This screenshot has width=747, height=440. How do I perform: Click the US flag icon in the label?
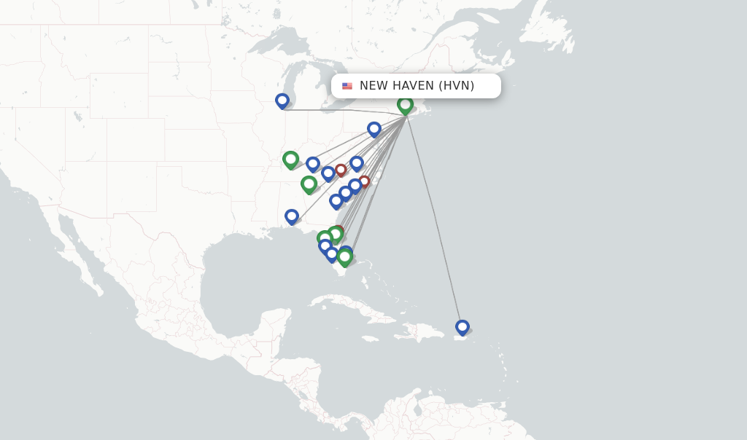click(x=347, y=86)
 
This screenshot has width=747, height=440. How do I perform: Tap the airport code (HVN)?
click(x=457, y=86)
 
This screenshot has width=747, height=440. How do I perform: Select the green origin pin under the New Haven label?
click(x=405, y=105)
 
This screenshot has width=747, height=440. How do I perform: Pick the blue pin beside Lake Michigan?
click(x=282, y=101)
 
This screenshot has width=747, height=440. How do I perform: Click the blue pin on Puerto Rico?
click(x=462, y=327)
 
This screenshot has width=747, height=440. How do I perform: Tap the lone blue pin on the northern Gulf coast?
click(x=292, y=216)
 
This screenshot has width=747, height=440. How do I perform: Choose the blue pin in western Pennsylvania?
click(x=374, y=129)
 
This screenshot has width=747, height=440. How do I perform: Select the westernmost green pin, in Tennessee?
click(x=290, y=159)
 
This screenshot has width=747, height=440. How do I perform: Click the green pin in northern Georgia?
click(x=309, y=184)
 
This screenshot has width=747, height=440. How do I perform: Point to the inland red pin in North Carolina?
click(x=341, y=170)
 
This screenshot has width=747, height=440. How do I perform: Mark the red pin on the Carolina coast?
click(x=364, y=181)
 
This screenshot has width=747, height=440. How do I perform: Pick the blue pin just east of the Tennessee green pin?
click(x=313, y=164)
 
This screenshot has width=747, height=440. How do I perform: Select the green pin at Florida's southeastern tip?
click(x=345, y=257)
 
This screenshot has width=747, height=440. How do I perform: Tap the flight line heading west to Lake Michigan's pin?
click(x=343, y=111)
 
